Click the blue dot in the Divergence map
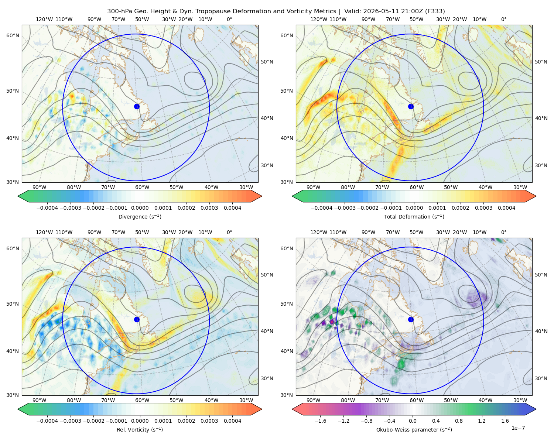137,106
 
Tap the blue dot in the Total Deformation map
411,106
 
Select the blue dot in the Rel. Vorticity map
137,319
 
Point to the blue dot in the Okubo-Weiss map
411,319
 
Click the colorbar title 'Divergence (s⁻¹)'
140,216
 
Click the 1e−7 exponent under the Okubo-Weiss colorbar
518,428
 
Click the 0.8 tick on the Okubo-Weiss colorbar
459,421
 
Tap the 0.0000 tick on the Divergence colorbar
140,208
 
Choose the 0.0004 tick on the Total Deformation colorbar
506,208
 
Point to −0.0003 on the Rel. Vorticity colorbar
70,421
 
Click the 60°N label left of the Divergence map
13,35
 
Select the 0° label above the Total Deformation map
503,19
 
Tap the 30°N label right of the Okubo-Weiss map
541,378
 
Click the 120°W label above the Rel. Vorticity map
44,232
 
